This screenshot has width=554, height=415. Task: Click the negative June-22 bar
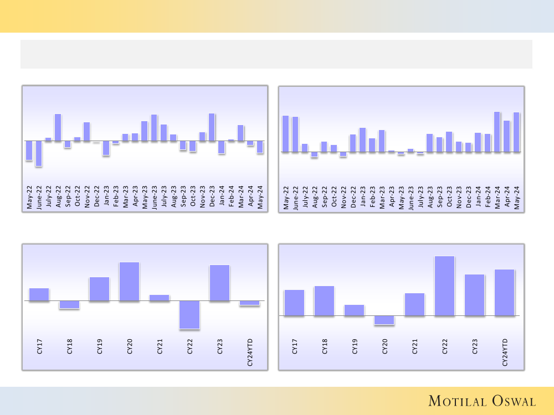click(39, 153)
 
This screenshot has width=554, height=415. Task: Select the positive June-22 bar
click(295, 134)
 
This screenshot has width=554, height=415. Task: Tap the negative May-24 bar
click(260, 147)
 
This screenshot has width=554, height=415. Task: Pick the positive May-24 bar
click(516, 132)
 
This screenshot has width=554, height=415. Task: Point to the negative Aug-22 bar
click(315, 154)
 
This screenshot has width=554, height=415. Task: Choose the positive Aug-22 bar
click(58, 127)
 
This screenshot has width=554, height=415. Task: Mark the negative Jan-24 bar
click(222, 147)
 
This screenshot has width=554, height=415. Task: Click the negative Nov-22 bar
click(343, 154)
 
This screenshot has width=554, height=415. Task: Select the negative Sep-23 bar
click(183, 146)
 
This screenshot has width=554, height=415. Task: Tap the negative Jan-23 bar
click(106, 148)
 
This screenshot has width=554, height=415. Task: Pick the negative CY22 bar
click(189, 315)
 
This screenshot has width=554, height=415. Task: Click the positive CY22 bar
click(444, 286)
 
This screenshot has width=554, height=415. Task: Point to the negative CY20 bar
click(384, 320)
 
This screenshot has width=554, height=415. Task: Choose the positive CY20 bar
click(129, 282)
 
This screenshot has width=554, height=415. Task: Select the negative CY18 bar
click(69, 304)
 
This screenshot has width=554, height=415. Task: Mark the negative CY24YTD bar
click(249, 303)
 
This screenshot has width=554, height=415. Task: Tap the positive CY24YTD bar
click(504, 293)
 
